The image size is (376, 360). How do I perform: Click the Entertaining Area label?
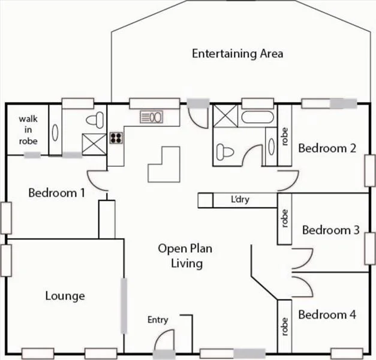(237, 53)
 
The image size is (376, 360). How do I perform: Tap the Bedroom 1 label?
(56, 193)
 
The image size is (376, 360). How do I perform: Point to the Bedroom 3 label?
(330, 230)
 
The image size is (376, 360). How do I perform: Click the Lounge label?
(65, 296)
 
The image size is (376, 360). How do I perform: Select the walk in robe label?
(28, 130)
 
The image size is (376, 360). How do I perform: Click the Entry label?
(158, 320)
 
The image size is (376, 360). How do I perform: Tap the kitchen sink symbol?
(152, 116)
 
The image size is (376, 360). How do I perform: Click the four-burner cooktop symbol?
(116, 139)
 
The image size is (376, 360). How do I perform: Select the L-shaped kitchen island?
(164, 164)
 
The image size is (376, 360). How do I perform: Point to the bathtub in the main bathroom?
(257, 116)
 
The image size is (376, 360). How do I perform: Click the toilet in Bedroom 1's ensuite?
(93, 118)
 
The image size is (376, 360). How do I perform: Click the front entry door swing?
(161, 343)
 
